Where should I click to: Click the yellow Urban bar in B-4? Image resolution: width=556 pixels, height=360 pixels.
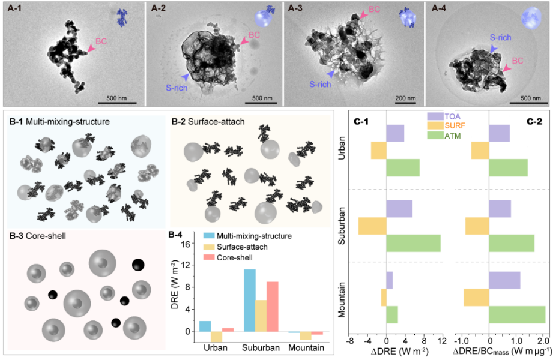(216, 337)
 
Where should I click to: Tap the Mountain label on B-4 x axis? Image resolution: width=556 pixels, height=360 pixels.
(306, 348)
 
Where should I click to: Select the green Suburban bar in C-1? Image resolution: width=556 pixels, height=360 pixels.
(413, 243)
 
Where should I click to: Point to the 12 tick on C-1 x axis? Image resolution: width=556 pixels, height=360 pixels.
(441, 340)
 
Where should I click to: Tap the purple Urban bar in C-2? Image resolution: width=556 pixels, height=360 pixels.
(500, 133)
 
